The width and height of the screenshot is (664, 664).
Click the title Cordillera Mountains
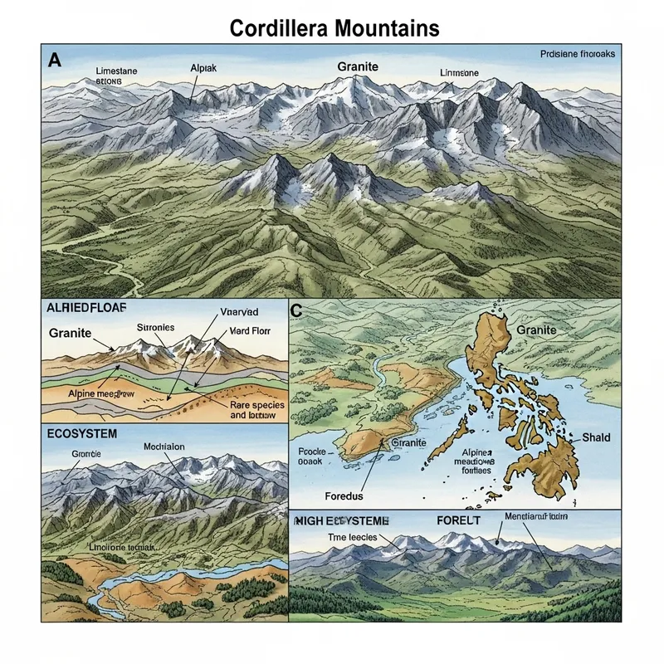click(334, 28)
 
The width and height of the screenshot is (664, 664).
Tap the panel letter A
click(55, 59)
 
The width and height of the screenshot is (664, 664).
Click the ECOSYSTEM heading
click(81, 433)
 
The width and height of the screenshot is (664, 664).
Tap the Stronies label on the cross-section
click(154, 328)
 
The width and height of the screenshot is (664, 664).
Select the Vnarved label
click(240, 312)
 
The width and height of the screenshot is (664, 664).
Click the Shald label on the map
click(596, 437)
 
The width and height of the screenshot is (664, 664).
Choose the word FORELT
click(458, 520)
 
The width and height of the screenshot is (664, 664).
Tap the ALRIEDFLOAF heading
click(87, 308)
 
